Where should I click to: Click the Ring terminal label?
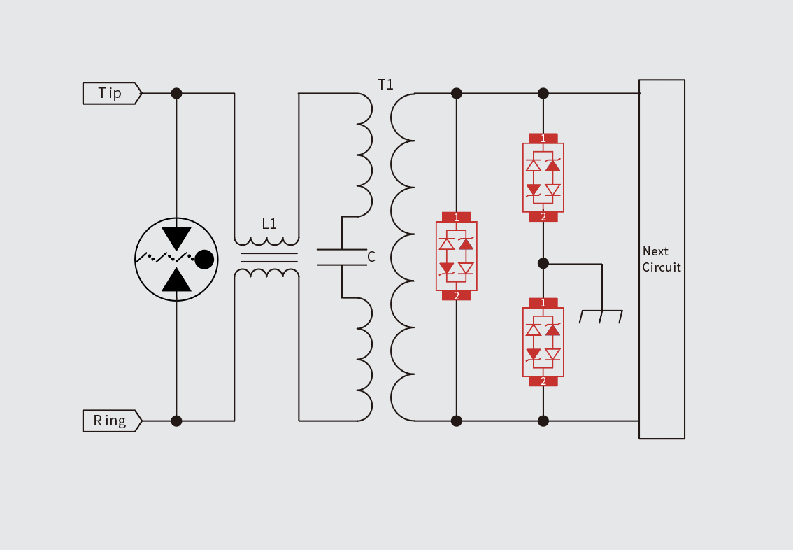tap(110, 421)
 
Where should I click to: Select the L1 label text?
tap(269, 225)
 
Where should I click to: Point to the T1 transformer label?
tap(386, 85)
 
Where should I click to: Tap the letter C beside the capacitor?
tap(371, 258)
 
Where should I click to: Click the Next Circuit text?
tap(661, 259)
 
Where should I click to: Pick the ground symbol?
tap(601, 316)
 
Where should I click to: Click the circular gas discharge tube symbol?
tap(176, 259)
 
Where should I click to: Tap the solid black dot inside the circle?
tap(204, 259)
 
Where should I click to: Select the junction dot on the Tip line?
tap(176, 93)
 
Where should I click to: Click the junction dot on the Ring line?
tap(176, 421)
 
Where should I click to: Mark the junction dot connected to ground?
tap(543, 263)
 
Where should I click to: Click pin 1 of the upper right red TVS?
tap(543, 139)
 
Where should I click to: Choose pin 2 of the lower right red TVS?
tap(543, 381)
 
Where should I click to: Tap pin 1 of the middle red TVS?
tap(457, 217)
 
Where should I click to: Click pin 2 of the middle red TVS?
tap(457, 296)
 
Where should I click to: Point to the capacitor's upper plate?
tap(342, 249)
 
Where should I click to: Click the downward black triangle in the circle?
tap(176, 238)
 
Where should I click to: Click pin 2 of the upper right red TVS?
tap(543, 217)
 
